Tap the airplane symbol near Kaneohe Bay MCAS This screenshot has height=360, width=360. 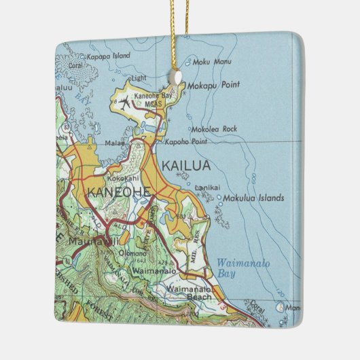pos(124,104)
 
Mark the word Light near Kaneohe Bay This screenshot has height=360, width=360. pos(139,77)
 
